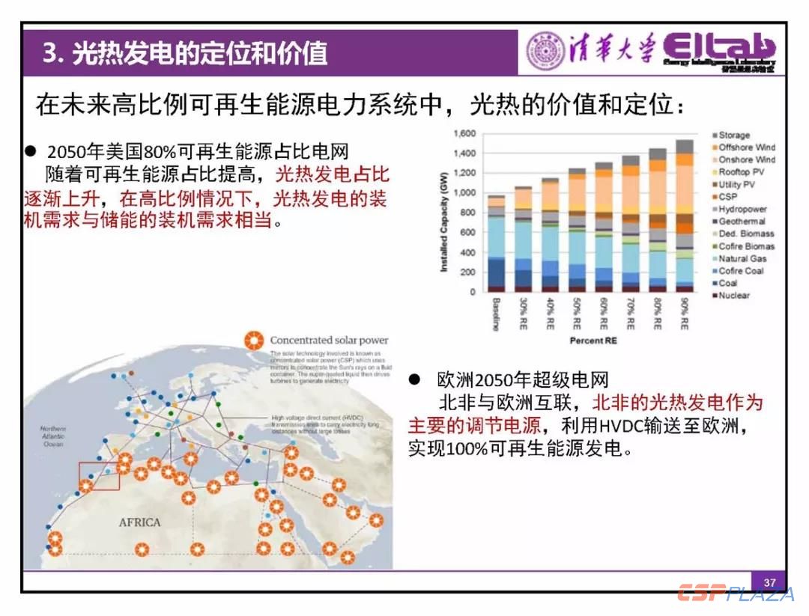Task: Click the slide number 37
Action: (769, 582)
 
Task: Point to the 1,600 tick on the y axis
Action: (464, 134)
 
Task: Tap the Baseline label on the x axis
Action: (495, 314)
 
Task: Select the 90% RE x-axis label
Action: (685, 314)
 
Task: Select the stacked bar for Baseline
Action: (496, 243)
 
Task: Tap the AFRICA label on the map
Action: (140, 522)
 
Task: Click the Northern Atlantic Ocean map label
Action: (53, 436)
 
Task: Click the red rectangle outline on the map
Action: (99, 477)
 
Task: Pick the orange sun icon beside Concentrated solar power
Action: (255, 341)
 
